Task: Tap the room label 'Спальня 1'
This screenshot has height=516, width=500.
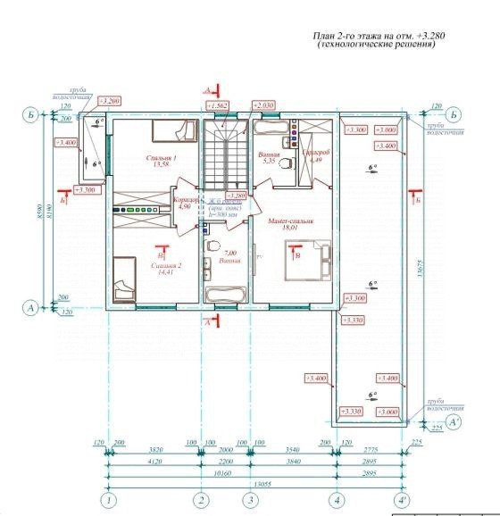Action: click(162, 159)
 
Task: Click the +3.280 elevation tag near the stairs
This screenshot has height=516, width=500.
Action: click(236, 196)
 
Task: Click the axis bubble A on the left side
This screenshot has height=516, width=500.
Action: click(32, 308)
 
